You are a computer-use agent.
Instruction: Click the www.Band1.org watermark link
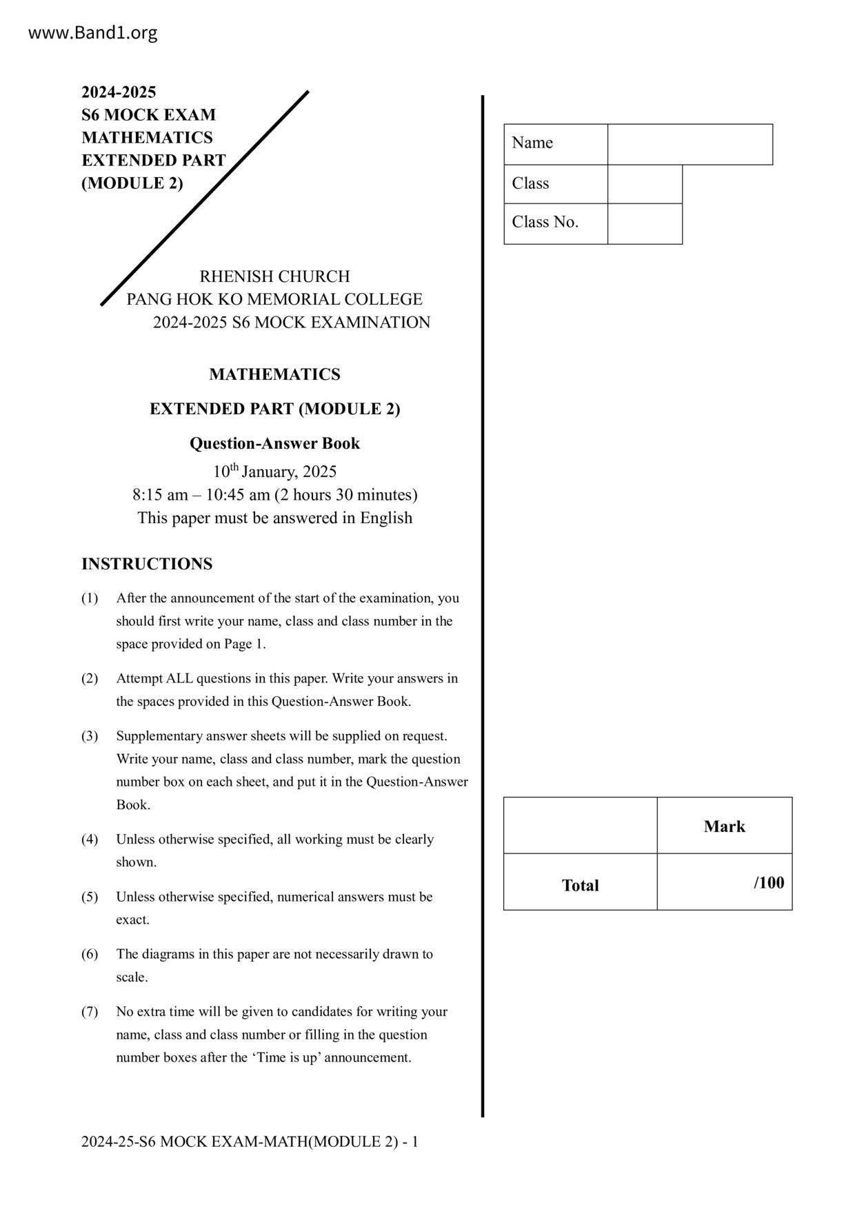pyautogui.click(x=92, y=32)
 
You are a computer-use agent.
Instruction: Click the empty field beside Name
pyautogui.click(x=690, y=144)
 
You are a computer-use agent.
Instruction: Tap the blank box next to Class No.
pyautogui.click(x=645, y=223)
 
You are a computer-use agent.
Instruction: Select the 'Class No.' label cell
pyautogui.click(x=545, y=222)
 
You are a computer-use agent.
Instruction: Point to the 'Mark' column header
pyautogui.click(x=724, y=826)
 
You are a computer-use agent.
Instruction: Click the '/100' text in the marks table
pyautogui.click(x=769, y=883)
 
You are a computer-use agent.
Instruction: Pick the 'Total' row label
pyautogui.click(x=580, y=885)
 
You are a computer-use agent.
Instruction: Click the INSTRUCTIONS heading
pyautogui.click(x=147, y=564)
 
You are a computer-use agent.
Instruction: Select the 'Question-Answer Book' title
pyautogui.click(x=274, y=443)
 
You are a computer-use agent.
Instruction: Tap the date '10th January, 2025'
pyautogui.click(x=274, y=471)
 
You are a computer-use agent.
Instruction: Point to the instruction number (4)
pyautogui.click(x=90, y=840)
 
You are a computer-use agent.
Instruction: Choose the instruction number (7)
pyautogui.click(x=90, y=1012)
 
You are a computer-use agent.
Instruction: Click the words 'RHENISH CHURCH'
pyautogui.click(x=274, y=276)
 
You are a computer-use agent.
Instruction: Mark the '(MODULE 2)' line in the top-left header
pyautogui.click(x=132, y=183)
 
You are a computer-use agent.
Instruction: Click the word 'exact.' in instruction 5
pyautogui.click(x=132, y=920)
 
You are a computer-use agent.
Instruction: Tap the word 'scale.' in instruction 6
pyautogui.click(x=132, y=977)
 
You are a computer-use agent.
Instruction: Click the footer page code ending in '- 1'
pyautogui.click(x=250, y=1141)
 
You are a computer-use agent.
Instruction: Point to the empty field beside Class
pyautogui.click(x=645, y=184)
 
